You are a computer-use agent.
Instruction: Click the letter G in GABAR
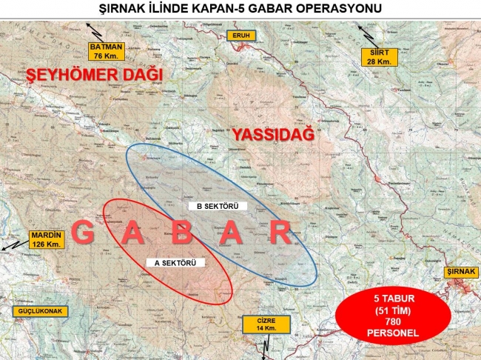pos(84,233)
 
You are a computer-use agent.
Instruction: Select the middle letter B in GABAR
pos(183,233)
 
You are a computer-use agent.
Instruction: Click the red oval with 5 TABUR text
pos(384,316)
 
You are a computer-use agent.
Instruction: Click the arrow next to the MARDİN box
pos(13,244)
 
